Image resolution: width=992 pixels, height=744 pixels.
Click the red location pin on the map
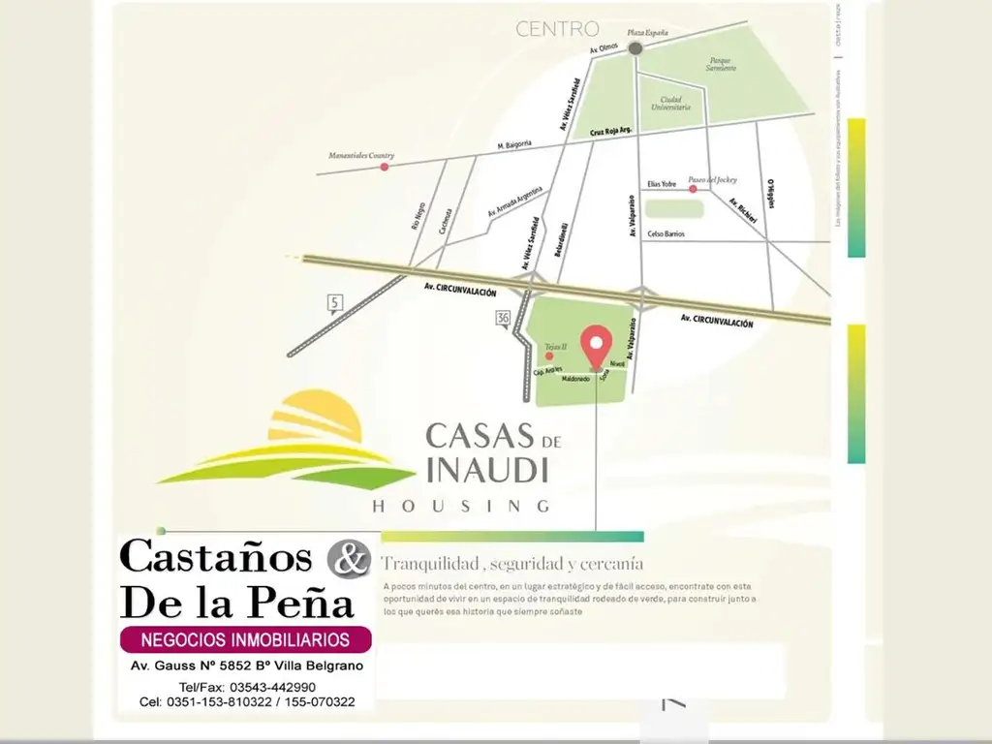(x=596, y=344)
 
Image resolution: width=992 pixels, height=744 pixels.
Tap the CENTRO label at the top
(x=557, y=29)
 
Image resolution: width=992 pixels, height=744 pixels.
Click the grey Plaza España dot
(x=635, y=47)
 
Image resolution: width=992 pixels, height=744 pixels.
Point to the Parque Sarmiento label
(x=720, y=65)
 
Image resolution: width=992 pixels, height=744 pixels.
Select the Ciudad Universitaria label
(x=675, y=103)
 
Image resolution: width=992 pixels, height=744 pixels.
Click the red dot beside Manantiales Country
(x=384, y=167)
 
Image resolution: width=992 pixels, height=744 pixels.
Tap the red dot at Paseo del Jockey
(x=693, y=189)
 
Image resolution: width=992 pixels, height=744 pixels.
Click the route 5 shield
(x=335, y=304)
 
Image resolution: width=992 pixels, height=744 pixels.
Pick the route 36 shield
(x=502, y=319)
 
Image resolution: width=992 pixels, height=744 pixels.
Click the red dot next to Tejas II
(x=549, y=356)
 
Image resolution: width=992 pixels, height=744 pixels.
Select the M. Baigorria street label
(x=514, y=145)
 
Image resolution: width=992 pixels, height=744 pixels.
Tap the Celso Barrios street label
(x=666, y=233)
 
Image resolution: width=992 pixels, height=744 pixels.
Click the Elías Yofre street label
(x=662, y=184)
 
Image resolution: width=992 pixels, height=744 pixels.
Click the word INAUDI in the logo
(x=487, y=470)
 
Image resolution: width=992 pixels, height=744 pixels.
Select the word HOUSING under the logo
(x=461, y=506)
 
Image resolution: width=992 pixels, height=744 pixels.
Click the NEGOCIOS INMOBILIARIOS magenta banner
(x=245, y=639)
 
